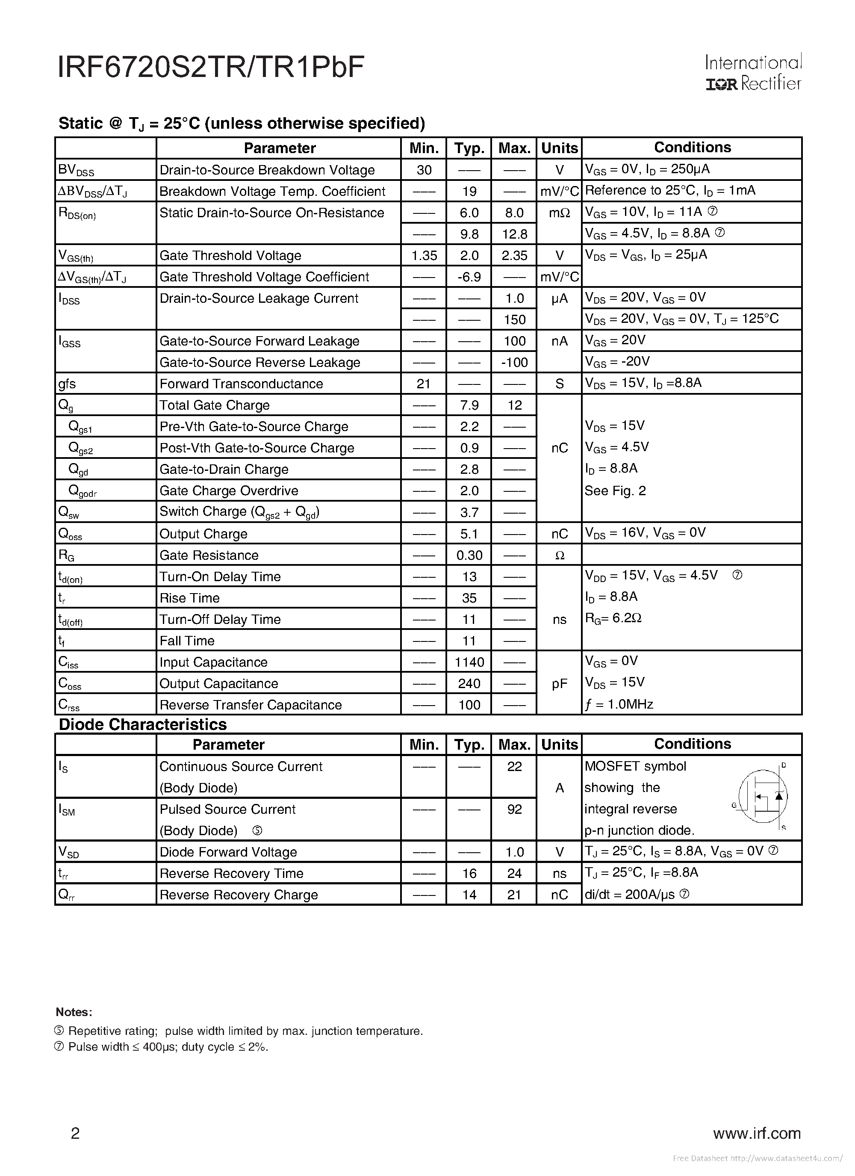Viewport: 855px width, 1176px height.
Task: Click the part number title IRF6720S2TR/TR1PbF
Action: pos(211,68)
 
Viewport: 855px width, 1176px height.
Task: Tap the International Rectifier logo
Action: pos(753,73)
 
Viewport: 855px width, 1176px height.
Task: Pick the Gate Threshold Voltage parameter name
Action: pos(230,256)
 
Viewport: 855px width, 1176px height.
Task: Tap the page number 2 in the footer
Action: pos(75,1134)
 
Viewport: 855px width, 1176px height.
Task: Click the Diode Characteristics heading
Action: pos(143,724)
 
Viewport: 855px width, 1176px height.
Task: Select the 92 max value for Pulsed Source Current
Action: pos(514,810)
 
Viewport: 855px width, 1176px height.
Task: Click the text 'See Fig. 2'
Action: pos(615,490)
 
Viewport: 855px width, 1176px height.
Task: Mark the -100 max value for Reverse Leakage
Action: pos(514,363)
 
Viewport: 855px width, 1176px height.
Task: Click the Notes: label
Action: pos(74,1012)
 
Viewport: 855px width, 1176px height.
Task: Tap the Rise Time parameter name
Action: pos(190,598)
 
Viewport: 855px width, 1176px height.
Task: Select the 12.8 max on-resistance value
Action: pos(514,234)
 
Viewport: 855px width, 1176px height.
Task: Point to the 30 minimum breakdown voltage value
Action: pos(424,170)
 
